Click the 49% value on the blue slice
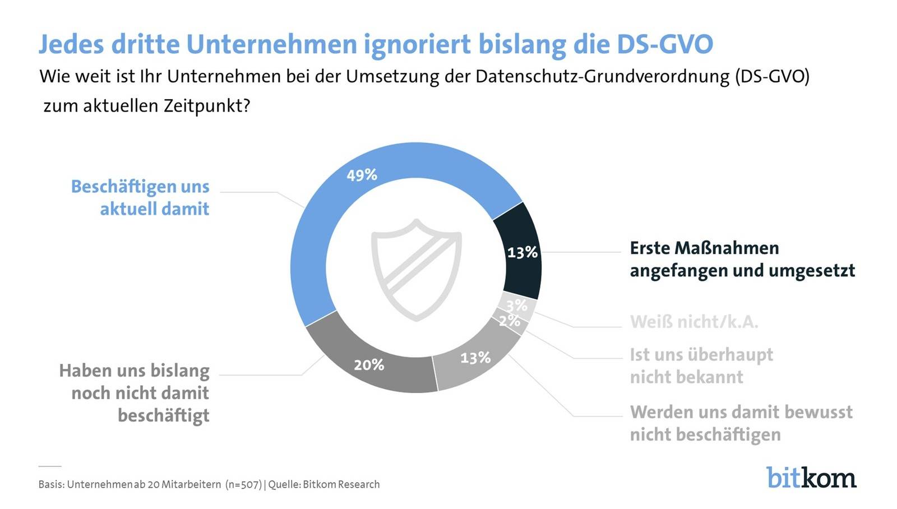coord(362,175)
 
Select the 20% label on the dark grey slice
coord(369,365)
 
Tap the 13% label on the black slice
coord(522,253)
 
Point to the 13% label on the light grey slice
coord(475,358)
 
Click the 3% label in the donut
coord(516,306)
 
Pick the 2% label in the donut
coord(509,321)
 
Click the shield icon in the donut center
coord(416,270)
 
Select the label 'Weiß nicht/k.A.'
coord(693,322)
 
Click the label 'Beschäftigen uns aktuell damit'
coord(140,197)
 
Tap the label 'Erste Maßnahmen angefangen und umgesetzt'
coord(742,260)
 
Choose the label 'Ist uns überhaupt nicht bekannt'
coord(701,365)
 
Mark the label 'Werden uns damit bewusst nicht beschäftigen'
coord(741,423)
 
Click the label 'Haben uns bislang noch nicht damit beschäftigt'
coord(135,393)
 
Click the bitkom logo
coord(811,477)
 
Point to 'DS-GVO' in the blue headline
coord(665,44)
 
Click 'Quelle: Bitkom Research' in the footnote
coord(324,484)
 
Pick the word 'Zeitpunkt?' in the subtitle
coord(207,106)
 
